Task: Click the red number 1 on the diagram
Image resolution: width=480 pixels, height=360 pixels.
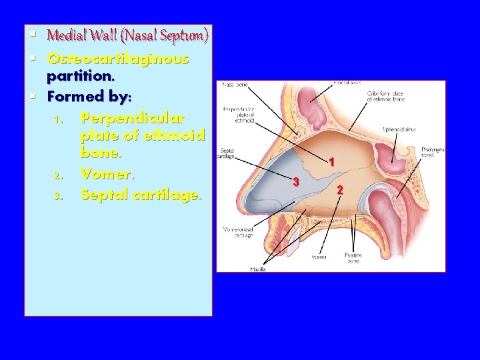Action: click(331, 162)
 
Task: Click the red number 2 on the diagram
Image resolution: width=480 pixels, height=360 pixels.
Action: click(340, 191)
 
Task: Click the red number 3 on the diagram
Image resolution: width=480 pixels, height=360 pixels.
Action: click(297, 183)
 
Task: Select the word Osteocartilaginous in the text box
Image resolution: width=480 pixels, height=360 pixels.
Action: click(118, 59)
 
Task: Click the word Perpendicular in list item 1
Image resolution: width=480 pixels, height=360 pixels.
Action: click(132, 118)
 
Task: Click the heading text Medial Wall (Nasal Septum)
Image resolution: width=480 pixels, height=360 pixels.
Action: click(128, 35)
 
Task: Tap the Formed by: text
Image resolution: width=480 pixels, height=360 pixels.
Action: click(89, 96)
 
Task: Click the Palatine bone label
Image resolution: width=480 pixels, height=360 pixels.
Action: click(353, 257)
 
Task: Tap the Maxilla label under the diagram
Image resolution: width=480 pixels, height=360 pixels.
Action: click(258, 269)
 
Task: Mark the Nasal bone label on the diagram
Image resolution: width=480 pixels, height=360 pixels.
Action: click(235, 85)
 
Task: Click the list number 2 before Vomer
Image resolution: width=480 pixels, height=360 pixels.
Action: click(59, 175)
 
